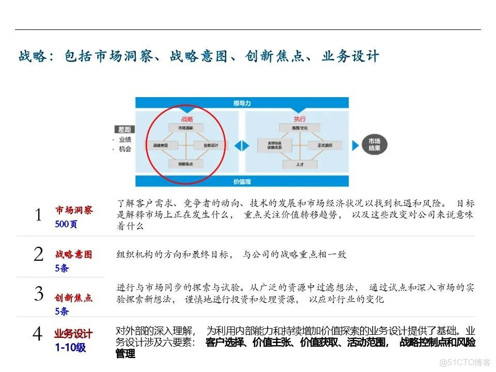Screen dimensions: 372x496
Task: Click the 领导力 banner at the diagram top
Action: click(x=242, y=103)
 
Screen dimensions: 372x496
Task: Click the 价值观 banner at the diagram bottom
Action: click(x=242, y=181)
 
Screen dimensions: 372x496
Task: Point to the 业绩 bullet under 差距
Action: click(x=124, y=139)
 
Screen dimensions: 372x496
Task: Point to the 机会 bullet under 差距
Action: click(x=124, y=149)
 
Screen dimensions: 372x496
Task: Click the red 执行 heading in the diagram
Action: click(x=300, y=119)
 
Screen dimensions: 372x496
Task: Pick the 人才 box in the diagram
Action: click(x=300, y=164)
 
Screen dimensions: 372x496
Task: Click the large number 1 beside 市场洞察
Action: click(x=38, y=215)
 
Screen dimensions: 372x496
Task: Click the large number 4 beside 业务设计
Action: click(x=37, y=334)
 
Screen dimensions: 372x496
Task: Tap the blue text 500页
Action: click(x=66, y=225)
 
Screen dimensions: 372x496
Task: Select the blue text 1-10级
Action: click(x=70, y=348)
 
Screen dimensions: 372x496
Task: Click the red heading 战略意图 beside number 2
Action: click(x=73, y=254)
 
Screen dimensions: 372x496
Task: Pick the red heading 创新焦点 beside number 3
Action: click(x=73, y=298)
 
